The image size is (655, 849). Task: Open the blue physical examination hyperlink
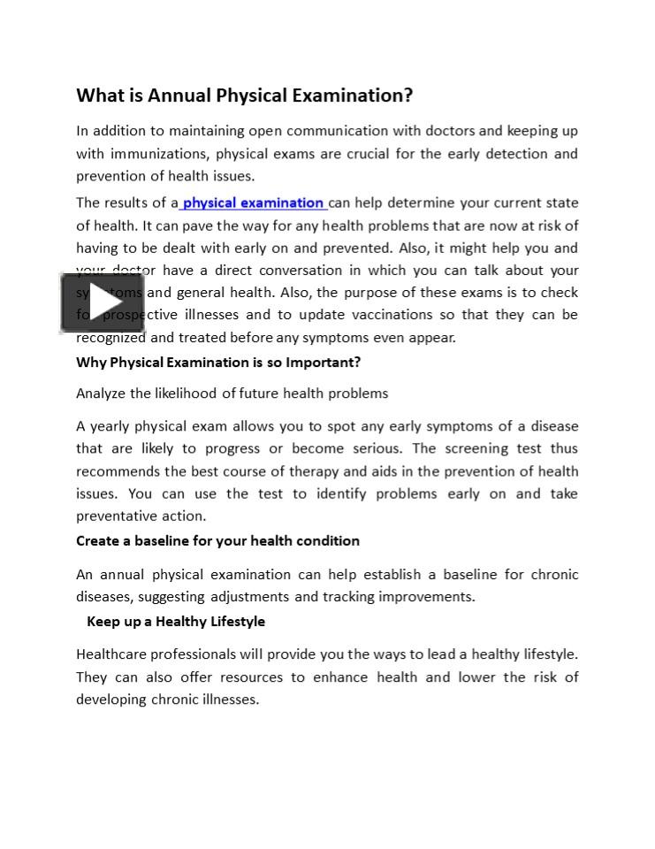pyautogui.click(x=253, y=203)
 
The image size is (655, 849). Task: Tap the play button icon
pyautogui.click(x=102, y=303)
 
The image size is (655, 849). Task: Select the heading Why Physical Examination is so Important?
pyautogui.click(x=218, y=363)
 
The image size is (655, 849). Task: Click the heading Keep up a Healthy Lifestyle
pyautogui.click(x=176, y=622)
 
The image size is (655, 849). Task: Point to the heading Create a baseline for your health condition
pyautogui.click(x=217, y=541)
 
